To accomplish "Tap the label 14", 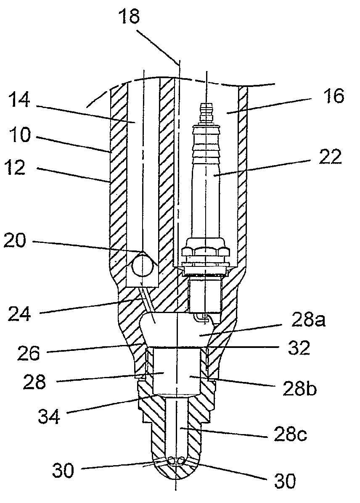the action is click(19, 100).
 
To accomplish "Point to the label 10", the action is click(20, 134).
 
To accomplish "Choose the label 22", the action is click(330, 157).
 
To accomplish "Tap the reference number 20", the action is click(14, 240).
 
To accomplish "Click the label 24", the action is click(20, 313).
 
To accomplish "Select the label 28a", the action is click(308, 320).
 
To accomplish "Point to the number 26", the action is click(29, 353).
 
